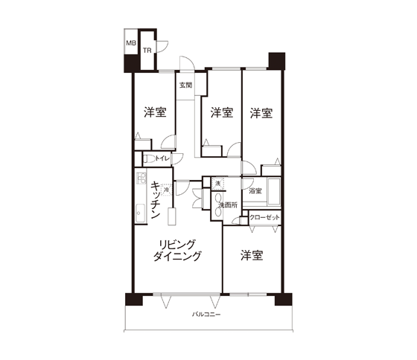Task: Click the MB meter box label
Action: tap(131, 43)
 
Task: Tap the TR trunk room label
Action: tap(147, 51)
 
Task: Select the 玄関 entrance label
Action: tap(185, 85)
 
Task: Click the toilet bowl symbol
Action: tap(149, 159)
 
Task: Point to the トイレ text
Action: tap(162, 158)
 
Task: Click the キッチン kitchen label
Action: tap(156, 200)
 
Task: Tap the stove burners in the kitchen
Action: tap(141, 178)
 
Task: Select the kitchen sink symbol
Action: tap(140, 213)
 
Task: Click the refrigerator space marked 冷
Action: tap(167, 190)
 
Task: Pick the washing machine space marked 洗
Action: tap(217, 183)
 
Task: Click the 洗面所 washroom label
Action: tap(228, 205)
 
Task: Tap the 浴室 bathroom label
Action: tap(255, 190)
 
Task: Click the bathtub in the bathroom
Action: tap(274, 192)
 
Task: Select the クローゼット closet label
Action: tap(264, 218)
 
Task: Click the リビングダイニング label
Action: tap(177, 250)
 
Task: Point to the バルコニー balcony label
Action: tap(206, 315)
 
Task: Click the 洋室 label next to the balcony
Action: tap(252, 255)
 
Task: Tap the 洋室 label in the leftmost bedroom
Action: tap(155, 112)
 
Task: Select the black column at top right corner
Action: tap(277, 61)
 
